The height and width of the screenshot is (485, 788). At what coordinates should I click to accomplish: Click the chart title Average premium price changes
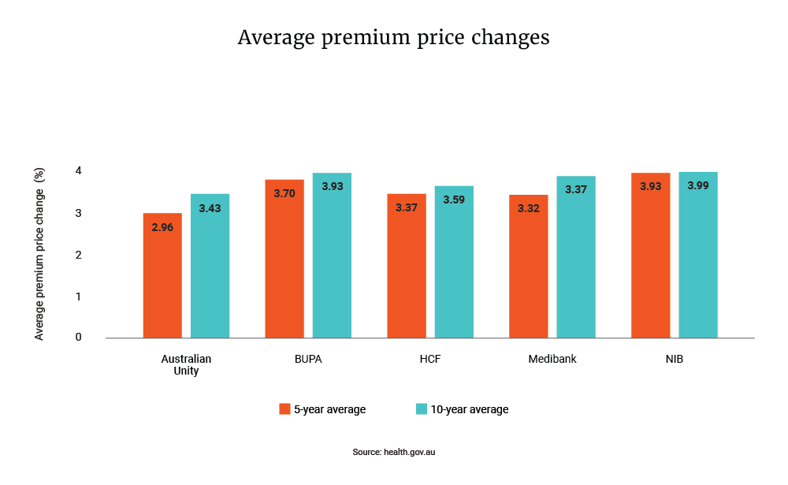(x=393, y=38)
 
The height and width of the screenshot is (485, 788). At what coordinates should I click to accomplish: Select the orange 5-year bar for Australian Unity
(x=162, y=276)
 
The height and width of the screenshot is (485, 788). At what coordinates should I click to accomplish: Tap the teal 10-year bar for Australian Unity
(x=210, y=267)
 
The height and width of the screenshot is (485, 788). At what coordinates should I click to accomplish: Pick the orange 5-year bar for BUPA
(x=284, y=259)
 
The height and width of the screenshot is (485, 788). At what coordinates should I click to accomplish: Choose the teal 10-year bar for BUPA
(x=332, y=256)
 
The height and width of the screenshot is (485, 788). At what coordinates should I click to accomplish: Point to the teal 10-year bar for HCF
(x=454, y=263)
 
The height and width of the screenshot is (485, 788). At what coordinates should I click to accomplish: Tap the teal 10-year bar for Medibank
(x=576, y=257)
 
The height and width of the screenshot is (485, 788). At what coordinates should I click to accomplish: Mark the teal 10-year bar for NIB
(x=698, y=256)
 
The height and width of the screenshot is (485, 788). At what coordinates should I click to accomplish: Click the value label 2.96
(x=162, y=227)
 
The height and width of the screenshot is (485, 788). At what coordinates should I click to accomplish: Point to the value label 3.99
(x=698, y=185)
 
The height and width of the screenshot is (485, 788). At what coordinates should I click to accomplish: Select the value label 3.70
(x=284, y=192)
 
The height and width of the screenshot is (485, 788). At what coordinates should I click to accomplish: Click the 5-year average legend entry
(x=322, y=409)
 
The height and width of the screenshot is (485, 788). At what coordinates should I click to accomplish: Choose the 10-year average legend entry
(x=462, y=409)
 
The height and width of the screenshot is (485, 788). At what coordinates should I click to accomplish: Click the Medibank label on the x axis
(x=552, y=359)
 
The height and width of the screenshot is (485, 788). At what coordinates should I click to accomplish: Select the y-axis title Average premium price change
(x=39, y=254)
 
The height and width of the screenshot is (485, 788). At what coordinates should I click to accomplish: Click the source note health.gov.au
(x=393, y=453)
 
